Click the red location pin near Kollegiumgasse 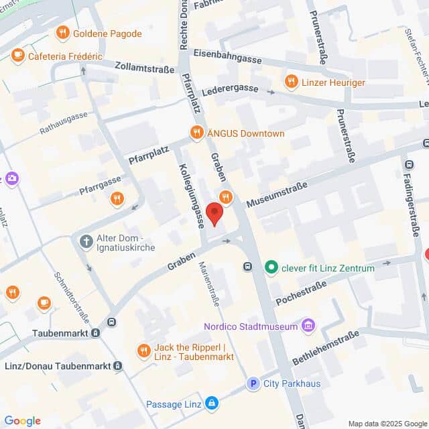[x=214, y=213]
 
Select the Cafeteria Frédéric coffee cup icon [x=17, y=56]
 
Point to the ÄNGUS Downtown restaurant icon [x=196, y=133]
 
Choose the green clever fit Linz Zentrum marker [x=271, y=268]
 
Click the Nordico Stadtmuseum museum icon [x=308, y=326]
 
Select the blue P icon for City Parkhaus [x=253, y=383]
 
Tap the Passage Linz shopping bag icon [x=212, y=404]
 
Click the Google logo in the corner [x=22, y=421]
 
